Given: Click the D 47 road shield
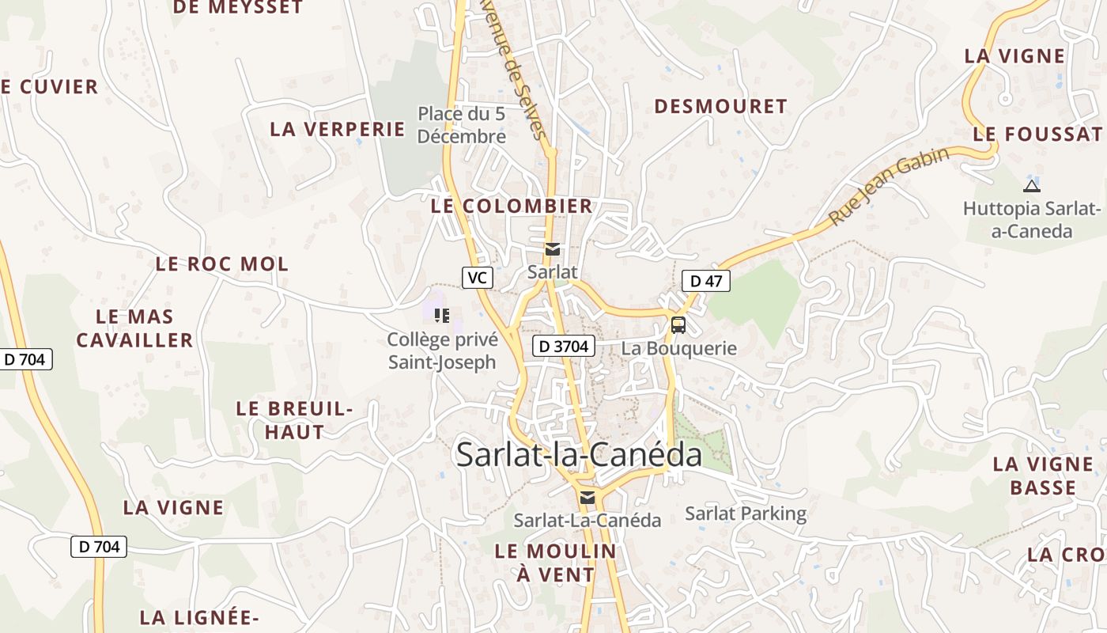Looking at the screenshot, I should point(705,281).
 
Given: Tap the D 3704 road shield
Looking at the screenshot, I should point(563,346).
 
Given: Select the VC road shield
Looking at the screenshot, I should point(477,277).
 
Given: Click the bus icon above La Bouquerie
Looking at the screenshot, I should point(678,324).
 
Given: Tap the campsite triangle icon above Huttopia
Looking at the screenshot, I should point(1031,186).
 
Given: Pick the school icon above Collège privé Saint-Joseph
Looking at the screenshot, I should point(442,316).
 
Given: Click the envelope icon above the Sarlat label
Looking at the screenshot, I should point(553,249).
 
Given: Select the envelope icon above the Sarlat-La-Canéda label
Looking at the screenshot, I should point(587,498).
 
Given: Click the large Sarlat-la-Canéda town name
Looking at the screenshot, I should point(579,455).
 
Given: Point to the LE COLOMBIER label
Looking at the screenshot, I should point(512,207).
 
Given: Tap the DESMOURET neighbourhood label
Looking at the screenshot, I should point(720,107).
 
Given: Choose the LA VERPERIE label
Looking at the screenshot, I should point(338,130).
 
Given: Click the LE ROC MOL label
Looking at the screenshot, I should point(222,264).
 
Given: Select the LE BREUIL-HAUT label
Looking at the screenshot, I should point(294,421).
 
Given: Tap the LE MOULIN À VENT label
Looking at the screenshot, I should point(555,563).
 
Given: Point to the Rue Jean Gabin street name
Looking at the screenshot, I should point(889,186).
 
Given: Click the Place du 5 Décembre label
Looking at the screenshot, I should point(462,125).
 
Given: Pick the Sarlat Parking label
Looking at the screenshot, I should point(746,514).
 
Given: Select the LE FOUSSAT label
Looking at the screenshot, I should point(1037,134).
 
